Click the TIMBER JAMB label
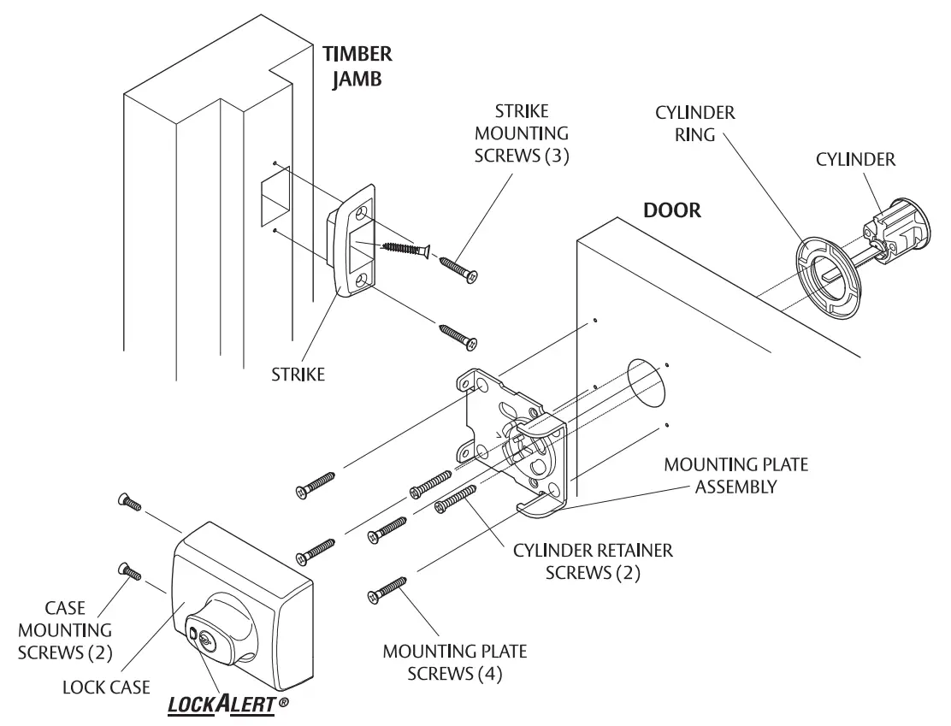tap(357, 68)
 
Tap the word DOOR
tap(671, 210)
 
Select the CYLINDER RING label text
tap(695, 124)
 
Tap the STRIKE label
tap(298, 375)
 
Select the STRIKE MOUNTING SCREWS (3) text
tap(522, 134)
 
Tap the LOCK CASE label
tap(106, 687)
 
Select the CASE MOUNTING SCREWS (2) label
tap(77, 630)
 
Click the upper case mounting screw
tap(128, 502)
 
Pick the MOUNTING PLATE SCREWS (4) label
tap(454, 662)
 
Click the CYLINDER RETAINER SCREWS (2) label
tap(593, 561)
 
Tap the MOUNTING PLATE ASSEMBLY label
tap(735, 475)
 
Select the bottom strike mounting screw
tap(458, 335)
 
